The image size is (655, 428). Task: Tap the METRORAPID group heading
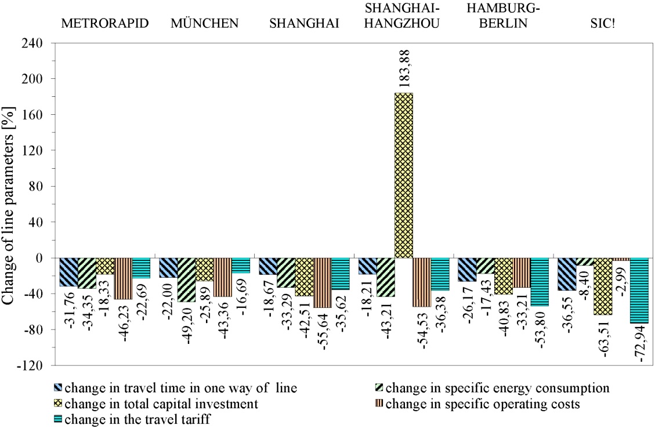(x=105, y=24)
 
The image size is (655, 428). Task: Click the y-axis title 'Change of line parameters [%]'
(x=11, y=204)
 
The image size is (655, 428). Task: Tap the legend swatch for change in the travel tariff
(x=58, y=420)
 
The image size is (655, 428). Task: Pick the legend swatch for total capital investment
(x=58, y=404)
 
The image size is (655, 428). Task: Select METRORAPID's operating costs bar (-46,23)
(x=123, y=278)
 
